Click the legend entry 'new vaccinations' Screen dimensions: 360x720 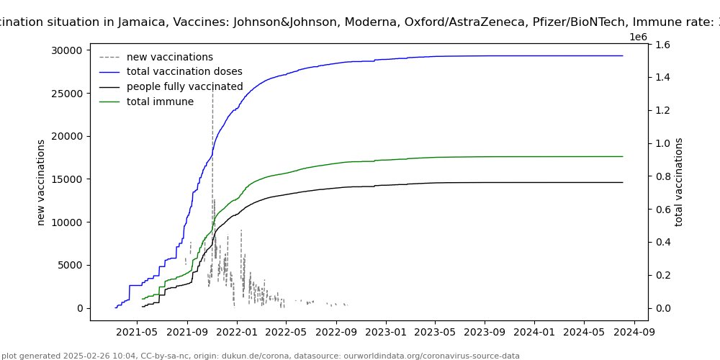point(169,57)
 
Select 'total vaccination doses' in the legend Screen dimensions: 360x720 point(184,72)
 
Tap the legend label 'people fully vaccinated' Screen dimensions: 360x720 point(184,87)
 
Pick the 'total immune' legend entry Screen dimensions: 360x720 point(160,102)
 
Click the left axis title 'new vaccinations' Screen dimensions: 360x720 point(41,182)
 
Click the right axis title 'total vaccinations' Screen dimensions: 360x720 point(679,182)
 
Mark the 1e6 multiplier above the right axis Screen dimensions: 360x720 point(638,37)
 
